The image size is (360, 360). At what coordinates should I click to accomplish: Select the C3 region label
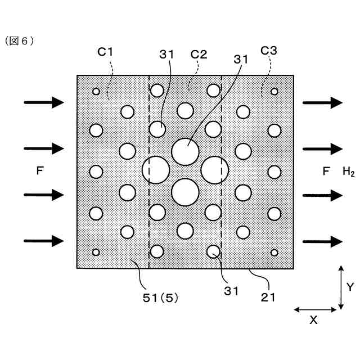coord(268,51)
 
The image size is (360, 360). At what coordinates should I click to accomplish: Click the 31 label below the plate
coord(231,291)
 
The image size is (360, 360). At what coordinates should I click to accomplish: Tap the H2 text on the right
coord(349,172)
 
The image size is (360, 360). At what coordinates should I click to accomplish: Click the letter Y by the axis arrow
coord(350,287)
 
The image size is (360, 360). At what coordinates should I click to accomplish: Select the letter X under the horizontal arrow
coord(314,320)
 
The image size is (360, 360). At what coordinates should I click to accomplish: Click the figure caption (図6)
coord(20,40)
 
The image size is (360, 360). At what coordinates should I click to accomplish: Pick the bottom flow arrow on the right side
coord(322,241)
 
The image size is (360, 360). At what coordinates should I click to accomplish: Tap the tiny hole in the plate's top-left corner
coord(96,91)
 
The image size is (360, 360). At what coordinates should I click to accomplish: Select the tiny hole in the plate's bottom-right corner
coord(274,253)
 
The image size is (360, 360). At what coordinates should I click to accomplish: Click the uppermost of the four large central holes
coord(185,151)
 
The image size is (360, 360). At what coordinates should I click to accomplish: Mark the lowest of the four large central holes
coord(185,192)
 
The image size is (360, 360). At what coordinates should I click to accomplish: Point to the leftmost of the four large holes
coord(156,170)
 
